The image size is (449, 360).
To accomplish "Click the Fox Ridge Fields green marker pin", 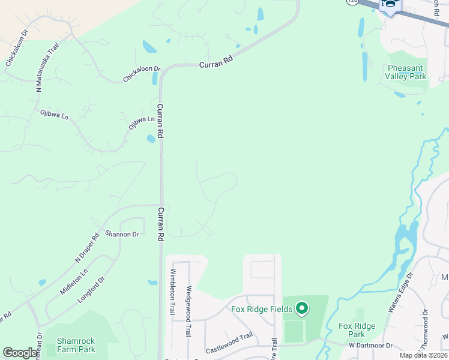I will (x=302, y=309).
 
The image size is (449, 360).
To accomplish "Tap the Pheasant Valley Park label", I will (x=407, y=72).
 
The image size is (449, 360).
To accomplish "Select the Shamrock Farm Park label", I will (x=76, y=345).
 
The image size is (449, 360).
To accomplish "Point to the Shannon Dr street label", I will (x=122, y=233).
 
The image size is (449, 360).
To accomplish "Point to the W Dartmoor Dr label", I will (x=370, y=346).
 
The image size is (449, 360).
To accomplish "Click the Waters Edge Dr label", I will (x=400, y=293).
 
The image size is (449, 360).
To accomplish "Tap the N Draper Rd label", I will (x=86, y=248).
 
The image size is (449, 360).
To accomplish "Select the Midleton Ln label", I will (x=73, y=281).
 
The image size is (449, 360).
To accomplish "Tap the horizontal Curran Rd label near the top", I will (x=215, y=64).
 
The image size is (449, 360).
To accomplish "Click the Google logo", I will (x=20, y=353).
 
